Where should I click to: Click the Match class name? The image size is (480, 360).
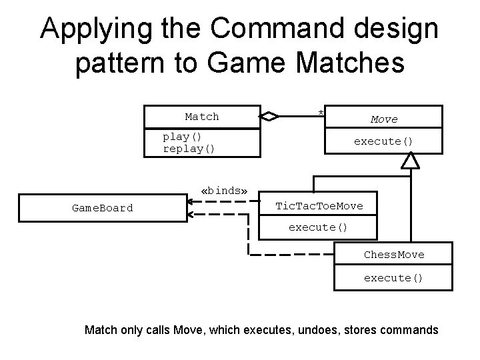coord(201,117)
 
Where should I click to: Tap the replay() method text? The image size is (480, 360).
coord(189,148)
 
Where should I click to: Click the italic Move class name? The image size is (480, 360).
coord(384,119)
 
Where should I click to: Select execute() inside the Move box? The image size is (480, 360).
coord(383,141)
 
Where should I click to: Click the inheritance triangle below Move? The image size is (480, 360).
coord(411,160)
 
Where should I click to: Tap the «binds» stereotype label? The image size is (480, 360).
coord(224,191)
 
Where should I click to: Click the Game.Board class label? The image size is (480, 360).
coord(102,208)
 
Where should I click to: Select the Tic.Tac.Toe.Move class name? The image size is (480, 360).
coord(319,206)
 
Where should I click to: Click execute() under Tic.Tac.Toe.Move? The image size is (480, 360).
coord(318,227)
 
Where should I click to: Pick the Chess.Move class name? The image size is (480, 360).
coord(393,255)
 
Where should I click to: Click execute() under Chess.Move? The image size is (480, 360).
coord(393,277)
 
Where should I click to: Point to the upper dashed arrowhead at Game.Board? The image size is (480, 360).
coord(191,198)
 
